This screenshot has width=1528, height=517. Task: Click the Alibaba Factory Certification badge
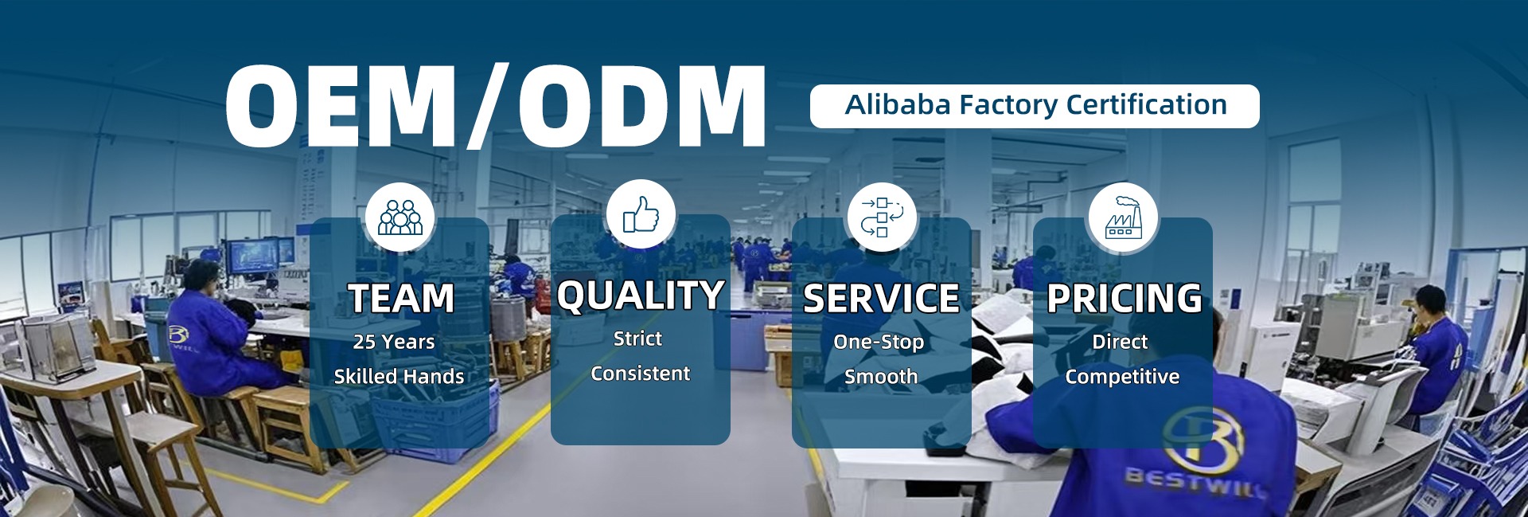pos(1035,106)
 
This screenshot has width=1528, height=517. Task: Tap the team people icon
pos(400,217)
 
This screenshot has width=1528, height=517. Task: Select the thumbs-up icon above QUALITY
pos(641,214)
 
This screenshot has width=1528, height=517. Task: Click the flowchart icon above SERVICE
pos(882,217)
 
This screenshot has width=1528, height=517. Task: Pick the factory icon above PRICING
pos(1123,217)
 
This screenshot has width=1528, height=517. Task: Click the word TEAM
pos(401,299)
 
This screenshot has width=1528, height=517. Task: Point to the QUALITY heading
pos(641,296)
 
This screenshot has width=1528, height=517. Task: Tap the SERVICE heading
pos(881,299)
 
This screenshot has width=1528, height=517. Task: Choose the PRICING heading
pos(1124,299)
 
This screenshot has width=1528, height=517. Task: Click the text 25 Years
pos(394,342)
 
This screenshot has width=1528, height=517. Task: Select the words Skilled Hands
pos(399,377)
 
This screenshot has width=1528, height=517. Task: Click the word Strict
pos(637,339)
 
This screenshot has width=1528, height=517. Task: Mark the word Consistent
pos(641,374)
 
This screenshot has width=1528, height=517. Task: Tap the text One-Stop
pos(879,343)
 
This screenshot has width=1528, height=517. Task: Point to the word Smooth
pos(881,377)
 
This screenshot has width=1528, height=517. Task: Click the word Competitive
pos(1122,377)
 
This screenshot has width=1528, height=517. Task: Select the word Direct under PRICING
pos(1120,342)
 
